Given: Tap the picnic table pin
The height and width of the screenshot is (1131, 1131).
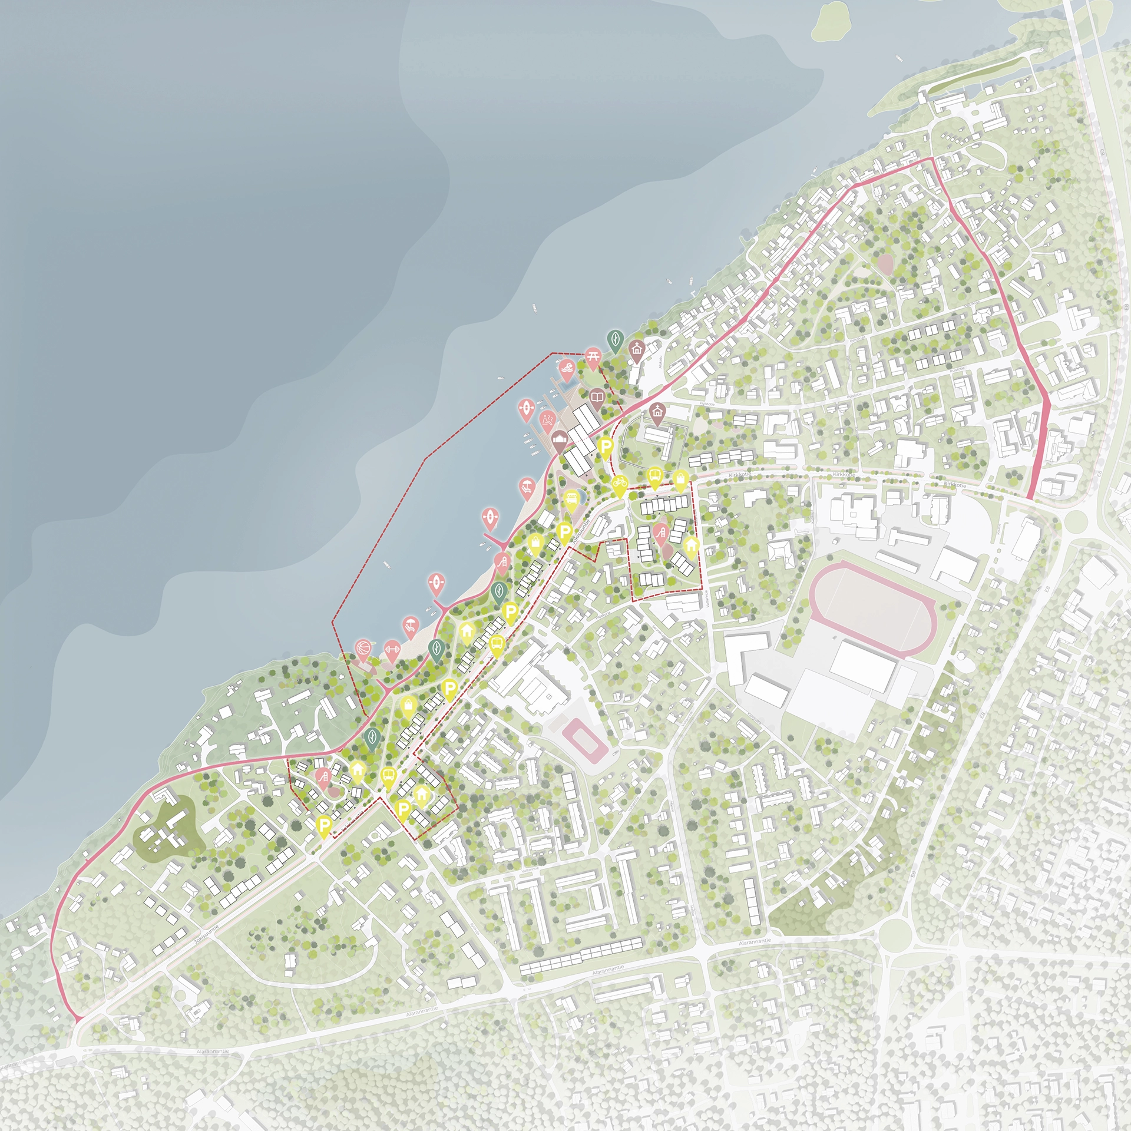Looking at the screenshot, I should (x=593, y=356).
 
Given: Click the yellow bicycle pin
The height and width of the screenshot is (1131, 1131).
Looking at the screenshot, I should (x=619, y=484).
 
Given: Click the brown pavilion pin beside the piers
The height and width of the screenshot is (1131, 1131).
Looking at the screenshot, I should (x=560, y=439).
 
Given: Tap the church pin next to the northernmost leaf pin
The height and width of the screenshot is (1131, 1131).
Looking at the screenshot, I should (x=636, y=349).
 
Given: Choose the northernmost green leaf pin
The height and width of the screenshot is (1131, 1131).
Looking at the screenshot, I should (x=615, y=339).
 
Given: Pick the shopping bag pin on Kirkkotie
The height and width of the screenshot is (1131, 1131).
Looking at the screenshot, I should (x=680, y=478).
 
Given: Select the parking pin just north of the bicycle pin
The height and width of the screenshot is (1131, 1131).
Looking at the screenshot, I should (x=605, y=447).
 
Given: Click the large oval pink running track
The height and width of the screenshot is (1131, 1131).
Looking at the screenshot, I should (x=872, y=607).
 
